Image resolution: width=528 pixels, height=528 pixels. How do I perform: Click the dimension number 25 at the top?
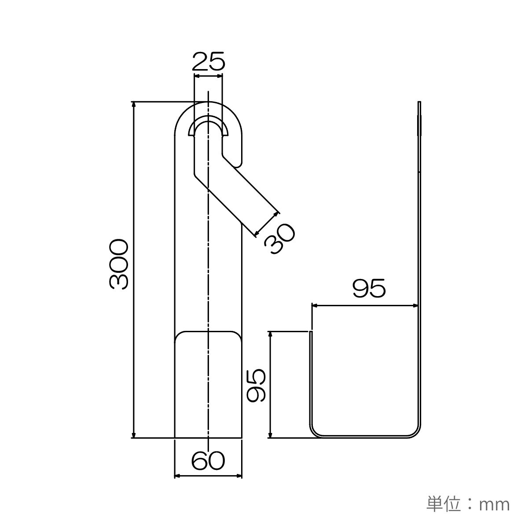tap(209, 61)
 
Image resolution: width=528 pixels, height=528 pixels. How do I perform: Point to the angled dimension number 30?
tap(280, 238)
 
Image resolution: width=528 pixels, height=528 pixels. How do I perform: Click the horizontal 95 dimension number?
tap(369, 288)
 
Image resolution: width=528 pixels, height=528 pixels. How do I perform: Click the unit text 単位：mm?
tap(468, 503)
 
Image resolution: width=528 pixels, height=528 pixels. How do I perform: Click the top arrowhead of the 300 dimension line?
tap(133, 104)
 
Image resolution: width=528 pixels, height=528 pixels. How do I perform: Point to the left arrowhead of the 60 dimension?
tap(178, 484)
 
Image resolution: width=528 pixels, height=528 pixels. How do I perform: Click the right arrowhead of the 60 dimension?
tap(238, 484)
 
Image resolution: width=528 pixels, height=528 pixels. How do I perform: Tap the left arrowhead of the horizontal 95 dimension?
tap(315, 305)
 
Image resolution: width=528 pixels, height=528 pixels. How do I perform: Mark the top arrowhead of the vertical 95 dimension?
tap(271, 334)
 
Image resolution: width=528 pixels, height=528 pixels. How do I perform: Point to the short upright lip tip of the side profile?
tap(311, 332)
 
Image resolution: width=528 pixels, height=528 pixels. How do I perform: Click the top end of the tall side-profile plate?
tap(419, 102)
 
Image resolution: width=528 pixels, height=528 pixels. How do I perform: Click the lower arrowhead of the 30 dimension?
tap(257, 233)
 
